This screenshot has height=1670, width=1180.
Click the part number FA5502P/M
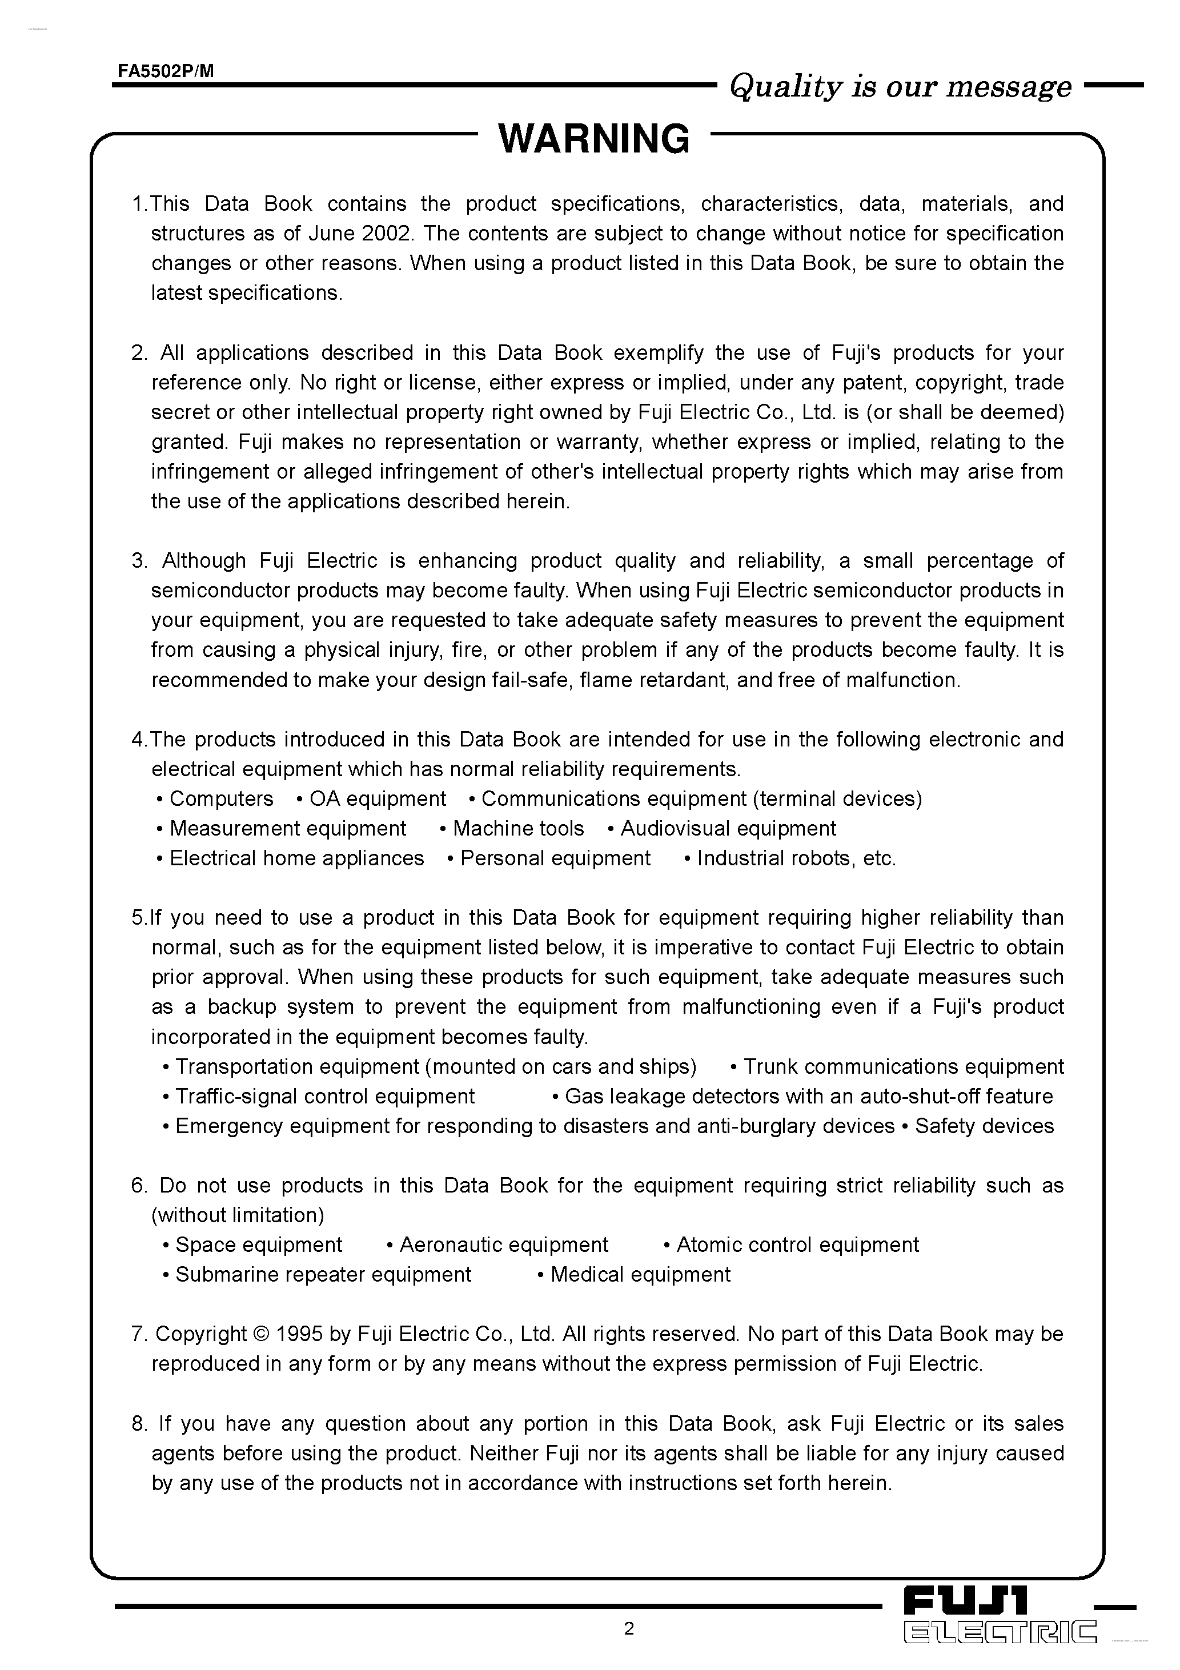coord(166,71)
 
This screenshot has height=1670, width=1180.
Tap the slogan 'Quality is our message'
coord(900,87)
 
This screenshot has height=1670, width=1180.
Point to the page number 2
coord(629,1628)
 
